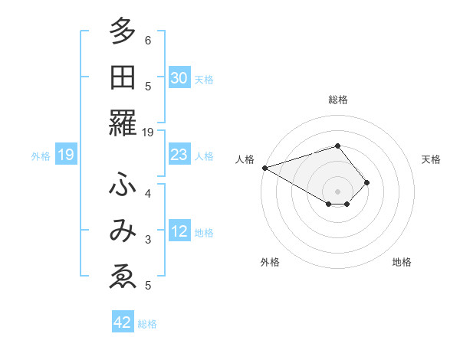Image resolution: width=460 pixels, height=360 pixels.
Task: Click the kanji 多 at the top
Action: (123, 33)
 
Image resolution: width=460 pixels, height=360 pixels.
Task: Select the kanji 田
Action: (123, 78)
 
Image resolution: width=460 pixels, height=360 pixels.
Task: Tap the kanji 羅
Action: (123, 123)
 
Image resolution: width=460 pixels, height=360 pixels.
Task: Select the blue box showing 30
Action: (179, 78)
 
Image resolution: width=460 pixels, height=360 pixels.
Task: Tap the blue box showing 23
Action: (179, 155)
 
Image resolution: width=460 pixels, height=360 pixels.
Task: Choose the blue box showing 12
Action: (179, 232)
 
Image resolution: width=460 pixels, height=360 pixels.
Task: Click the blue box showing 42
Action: (123, 322)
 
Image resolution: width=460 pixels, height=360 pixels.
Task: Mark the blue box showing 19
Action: (65, 155)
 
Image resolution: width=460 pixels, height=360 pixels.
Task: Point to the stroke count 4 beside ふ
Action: (148, 193)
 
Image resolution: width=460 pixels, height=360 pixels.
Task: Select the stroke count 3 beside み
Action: (148, 240)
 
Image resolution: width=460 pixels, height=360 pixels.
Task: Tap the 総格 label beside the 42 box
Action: (147, 324)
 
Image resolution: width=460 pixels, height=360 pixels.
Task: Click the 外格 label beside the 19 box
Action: (41, 156)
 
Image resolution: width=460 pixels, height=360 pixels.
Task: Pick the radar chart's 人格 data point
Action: (264, 168)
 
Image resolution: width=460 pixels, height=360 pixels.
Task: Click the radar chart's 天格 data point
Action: (367, 182)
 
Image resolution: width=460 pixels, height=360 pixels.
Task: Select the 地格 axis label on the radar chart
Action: (402, 262)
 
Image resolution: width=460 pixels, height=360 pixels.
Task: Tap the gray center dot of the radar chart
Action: (337, 191)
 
